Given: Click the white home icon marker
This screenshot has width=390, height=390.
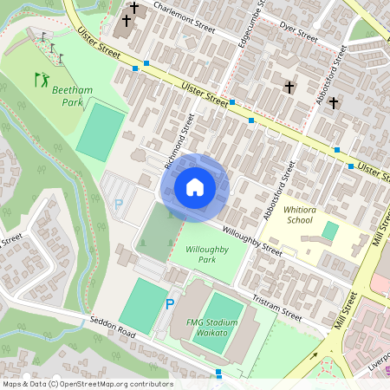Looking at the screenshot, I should click(x=195, y=187).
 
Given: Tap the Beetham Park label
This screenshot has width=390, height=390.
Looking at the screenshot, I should click(x=65, y=95).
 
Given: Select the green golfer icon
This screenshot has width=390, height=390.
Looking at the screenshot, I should click(x=41, y=80).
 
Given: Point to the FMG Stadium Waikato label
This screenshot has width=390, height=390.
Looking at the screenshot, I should click(x=212, y=328).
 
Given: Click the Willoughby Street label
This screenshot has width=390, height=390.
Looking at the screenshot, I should click(x=251, y=242).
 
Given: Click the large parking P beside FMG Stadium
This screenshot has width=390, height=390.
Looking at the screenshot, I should click(x=170, y=304).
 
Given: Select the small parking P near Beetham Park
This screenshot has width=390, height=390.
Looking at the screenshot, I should click(x=119, y=205).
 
